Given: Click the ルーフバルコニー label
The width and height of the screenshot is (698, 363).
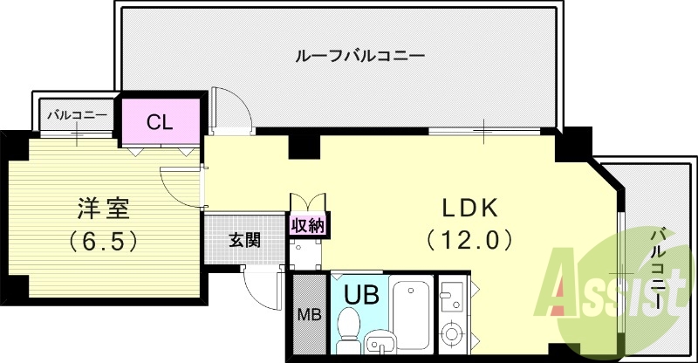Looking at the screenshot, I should (359, 57).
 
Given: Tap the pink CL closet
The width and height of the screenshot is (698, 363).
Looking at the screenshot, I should (160, 122).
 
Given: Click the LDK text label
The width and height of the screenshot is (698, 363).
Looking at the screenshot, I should (468, 209).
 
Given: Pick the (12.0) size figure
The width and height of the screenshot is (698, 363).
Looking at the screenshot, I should (468, 239).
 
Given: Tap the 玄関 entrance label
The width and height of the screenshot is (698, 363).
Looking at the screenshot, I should (245, 239).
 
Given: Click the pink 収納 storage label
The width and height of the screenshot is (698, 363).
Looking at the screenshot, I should (308, 226).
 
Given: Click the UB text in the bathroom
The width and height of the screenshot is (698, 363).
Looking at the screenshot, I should (361, 294).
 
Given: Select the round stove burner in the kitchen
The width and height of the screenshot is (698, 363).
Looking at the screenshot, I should (453, 332).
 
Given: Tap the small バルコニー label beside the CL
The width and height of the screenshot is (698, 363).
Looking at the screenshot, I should (77, 114).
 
